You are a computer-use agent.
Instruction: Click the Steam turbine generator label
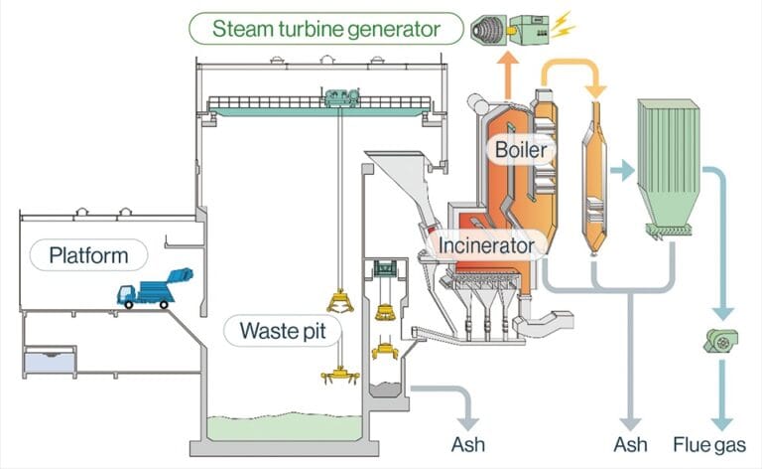click(325, 27)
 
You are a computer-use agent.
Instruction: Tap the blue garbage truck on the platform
click(154, 288)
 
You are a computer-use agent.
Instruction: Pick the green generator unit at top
click(534, 29)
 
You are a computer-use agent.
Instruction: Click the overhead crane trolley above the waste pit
click(340, 97)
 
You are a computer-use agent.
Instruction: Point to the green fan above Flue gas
click(722, 341)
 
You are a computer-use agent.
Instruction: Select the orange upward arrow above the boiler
click(508, 71)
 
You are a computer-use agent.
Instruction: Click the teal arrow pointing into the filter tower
click(622, 170)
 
